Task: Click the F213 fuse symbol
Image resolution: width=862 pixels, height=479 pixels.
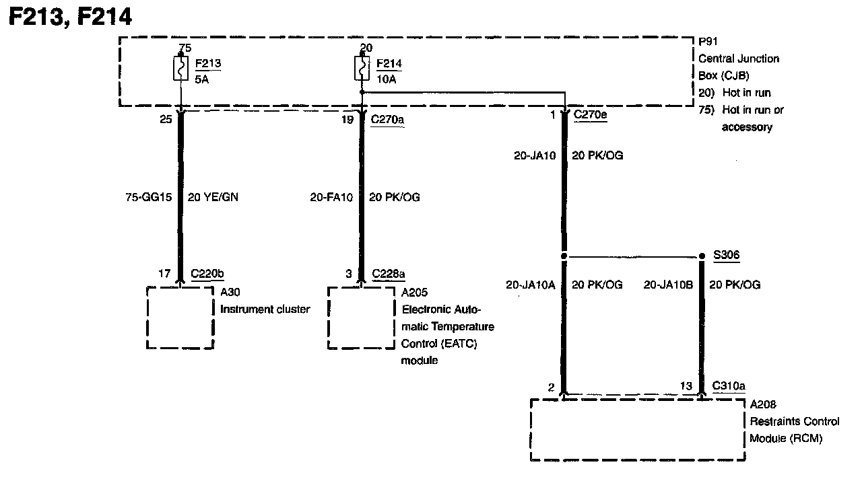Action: (x=180, y=69)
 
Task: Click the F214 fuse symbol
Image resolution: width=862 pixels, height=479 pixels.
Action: (x=362, y=69)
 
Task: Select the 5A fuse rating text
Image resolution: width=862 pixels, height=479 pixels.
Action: (x=202, y=79)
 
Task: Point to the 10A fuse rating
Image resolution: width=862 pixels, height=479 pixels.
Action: (x=386, y=79)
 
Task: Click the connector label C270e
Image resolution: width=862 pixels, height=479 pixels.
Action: (x=590, y=116)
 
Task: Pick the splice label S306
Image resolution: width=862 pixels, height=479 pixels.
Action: (x=727, y=256)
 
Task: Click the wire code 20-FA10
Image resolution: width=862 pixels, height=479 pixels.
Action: (x=331, y=197)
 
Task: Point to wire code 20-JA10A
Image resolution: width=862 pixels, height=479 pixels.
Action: (x=531, y=285)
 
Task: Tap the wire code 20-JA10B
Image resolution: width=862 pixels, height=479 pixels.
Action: (x=668, y=285)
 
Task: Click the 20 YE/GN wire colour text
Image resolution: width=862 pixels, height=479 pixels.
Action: (x=212, y=197)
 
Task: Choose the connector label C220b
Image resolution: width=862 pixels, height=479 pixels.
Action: (x=207, y=274)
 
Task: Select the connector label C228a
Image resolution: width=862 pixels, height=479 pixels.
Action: (x=389, y=274)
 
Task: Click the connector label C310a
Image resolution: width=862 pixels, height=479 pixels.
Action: (x=729, y=386)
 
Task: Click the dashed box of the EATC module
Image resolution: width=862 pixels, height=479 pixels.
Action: (x=361, y=318)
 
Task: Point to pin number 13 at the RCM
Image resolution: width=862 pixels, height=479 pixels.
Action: (x=686, y=386)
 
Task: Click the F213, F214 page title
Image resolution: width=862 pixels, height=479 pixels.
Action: (x=69, y=16)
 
